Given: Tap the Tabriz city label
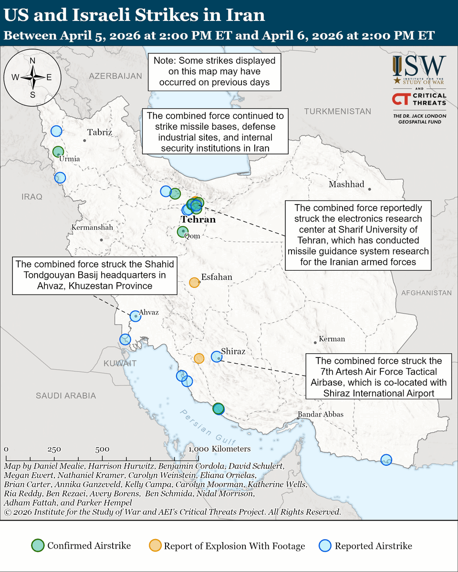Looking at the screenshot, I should [100, 133].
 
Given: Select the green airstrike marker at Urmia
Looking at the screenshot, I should [58, 152].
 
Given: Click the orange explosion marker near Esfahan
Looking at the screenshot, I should [194, 283].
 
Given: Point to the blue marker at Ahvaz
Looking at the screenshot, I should [135, 315].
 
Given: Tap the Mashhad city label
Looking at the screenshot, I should [346, 184].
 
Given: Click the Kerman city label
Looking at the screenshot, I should [332, 339].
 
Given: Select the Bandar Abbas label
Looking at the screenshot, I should [320, 414].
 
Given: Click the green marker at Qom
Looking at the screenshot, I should [182, 232].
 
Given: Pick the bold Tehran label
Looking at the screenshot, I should [198, 220].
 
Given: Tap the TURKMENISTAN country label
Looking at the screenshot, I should [338, 111].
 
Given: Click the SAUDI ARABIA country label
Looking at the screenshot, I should [66, 395].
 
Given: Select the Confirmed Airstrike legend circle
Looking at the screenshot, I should [38, 546].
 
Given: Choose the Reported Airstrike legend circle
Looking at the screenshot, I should [325, 546].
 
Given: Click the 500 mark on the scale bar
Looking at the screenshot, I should [102, 449].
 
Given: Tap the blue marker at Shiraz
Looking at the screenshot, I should [217, 356].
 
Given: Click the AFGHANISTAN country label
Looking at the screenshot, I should [426, 293].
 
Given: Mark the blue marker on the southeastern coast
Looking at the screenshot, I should [386, 460].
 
